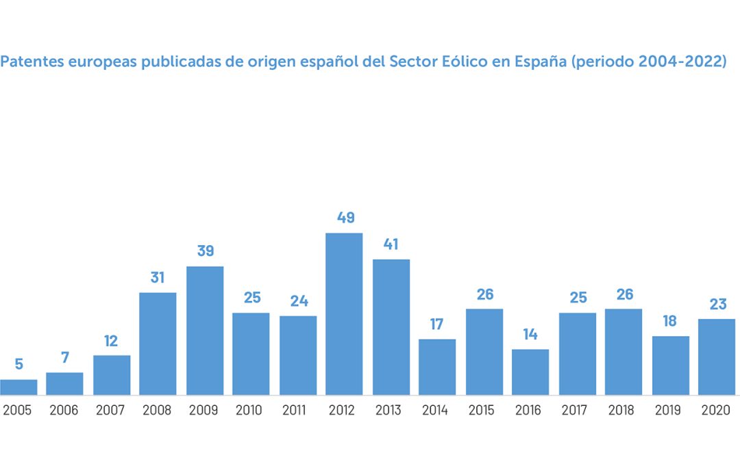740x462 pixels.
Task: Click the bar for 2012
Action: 344,314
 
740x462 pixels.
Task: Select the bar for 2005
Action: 18,387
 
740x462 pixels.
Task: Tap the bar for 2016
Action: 530,372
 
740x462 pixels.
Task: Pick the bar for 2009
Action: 205,331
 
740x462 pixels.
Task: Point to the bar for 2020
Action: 717,357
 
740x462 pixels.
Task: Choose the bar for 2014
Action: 437,367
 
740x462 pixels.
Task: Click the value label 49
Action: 345,218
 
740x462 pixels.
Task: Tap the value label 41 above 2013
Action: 391,244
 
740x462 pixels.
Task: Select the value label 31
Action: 158,278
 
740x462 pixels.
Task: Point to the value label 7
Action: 65,358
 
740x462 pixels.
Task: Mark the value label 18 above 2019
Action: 670,321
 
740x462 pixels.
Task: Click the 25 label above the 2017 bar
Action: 578,298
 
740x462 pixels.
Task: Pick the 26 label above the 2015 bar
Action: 484,294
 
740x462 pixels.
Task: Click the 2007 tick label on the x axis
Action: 111,411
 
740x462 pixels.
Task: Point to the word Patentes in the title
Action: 27,62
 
